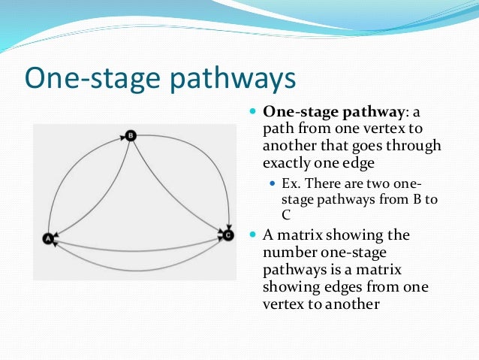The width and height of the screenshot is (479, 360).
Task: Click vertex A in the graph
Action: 49,238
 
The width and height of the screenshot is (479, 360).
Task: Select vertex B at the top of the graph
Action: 130,136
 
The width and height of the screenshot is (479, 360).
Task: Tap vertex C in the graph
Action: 228,235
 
